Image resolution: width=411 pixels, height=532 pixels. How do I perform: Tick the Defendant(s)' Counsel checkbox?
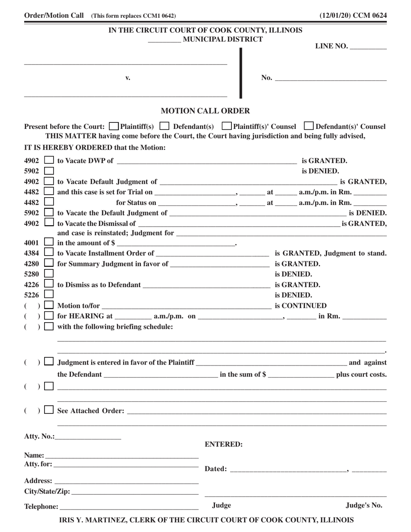(309, 126)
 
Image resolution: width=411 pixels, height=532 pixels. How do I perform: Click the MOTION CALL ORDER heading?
(205, 111)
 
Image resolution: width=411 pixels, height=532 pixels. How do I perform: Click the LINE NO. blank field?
(368, 47)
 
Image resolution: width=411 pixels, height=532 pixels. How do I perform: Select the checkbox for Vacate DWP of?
(49, 161)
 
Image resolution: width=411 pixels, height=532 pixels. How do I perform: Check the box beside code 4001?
(49, 243)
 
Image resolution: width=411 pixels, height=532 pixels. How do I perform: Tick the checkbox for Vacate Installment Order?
(49, 253)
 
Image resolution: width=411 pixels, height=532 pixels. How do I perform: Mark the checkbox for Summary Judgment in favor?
(49, 263)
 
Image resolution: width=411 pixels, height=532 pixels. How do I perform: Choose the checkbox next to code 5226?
(49, 295)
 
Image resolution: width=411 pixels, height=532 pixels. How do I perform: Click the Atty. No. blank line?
(88, 437)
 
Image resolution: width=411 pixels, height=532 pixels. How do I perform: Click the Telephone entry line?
(129, 506)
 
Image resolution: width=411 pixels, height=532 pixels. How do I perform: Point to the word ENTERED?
(223, 444)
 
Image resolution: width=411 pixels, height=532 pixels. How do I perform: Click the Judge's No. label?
(364, 505)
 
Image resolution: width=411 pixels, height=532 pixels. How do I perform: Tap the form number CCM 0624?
(370, 16)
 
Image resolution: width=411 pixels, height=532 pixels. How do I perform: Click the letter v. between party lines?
(128, 78)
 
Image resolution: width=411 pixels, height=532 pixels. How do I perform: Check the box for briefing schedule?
(49, 327)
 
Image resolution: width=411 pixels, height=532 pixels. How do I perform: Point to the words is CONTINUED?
(301, 306)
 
